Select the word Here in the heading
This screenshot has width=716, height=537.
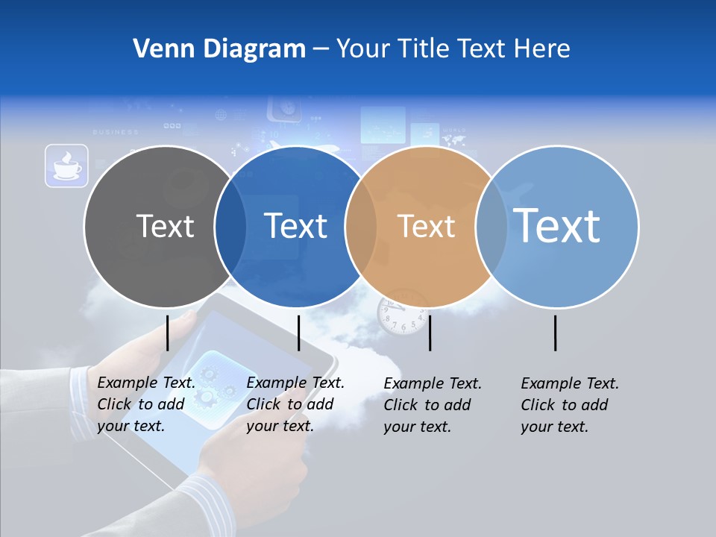[543, 49]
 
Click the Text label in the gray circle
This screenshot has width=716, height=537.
[165, 226]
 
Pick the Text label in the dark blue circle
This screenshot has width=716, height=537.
[296, 226]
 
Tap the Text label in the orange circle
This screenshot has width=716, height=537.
[426, 226]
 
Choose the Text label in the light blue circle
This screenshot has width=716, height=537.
[557, 226]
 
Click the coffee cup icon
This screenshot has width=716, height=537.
[66, 166]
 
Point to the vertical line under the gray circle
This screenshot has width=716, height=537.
[168, 333]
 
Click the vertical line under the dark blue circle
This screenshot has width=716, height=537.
[298, 333]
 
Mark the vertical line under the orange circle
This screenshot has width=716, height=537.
[430, 333]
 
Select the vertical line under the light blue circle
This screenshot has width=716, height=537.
[556, 333]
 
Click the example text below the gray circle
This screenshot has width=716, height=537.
[145, 404]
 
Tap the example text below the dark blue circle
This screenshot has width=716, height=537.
[295, 404]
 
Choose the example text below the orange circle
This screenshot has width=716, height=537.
[432, 405]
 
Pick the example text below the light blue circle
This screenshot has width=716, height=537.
[569, 405]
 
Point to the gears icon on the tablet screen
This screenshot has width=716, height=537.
[211, 381]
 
